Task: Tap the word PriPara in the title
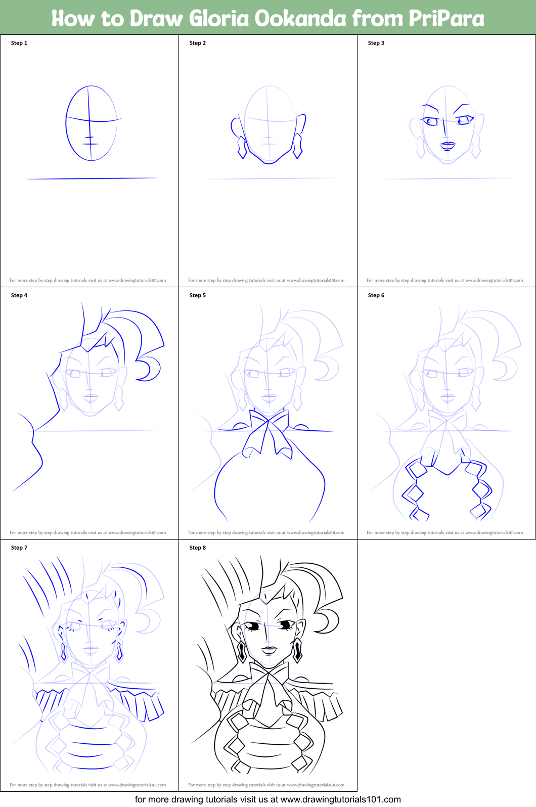click(445, 18)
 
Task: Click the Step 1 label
click(19, 43)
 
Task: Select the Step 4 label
click(19, 295)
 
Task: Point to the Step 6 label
click(376, 295)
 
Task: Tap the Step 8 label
click(197, 548)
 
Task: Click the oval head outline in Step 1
click(66, 124)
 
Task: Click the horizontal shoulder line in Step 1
click(91, 178)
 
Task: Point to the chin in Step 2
click(269, 162)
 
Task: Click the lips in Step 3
click(448, 145)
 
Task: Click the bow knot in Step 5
click(269, 422)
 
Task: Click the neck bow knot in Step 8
click(269, 675)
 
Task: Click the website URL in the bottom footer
click(340, 799)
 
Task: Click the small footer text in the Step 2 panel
click(266, 280)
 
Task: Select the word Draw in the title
click(156, 18)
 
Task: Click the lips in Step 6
click(448, 397)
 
